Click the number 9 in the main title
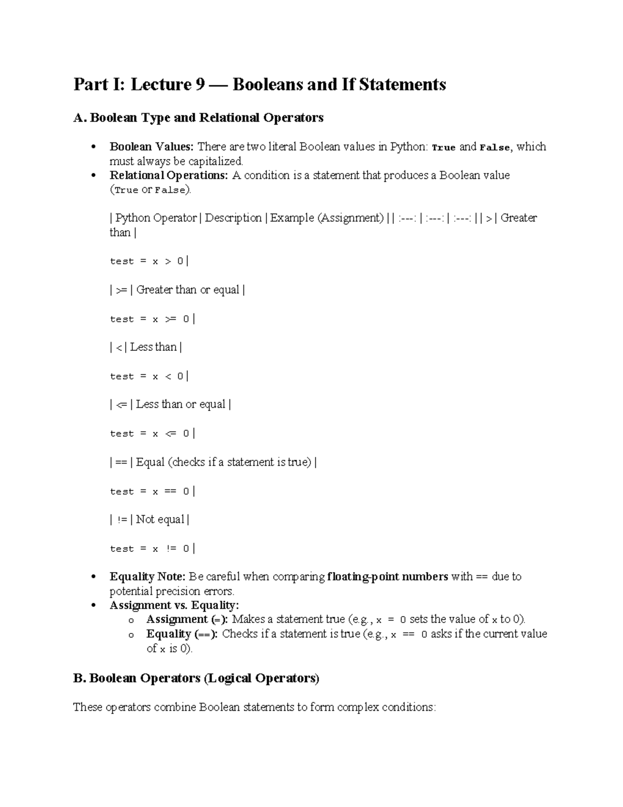point(199,84)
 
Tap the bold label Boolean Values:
point(151,147)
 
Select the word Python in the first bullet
point(409,147)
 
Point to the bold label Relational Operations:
point(169,176)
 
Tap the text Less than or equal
point(181,404)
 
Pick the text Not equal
point(160,520)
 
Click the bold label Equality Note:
point(147,577)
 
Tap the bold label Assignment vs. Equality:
point(174,605)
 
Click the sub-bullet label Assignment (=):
point(187,619)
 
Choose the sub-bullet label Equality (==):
point(183,634)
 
